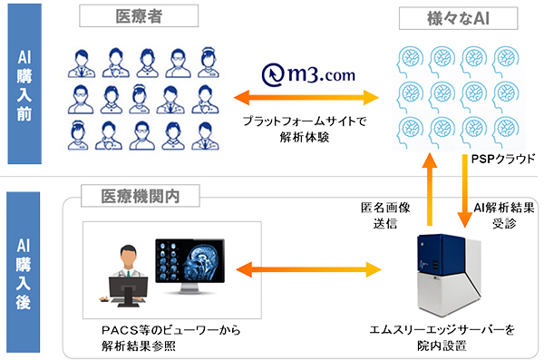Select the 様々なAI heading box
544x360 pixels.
444,18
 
